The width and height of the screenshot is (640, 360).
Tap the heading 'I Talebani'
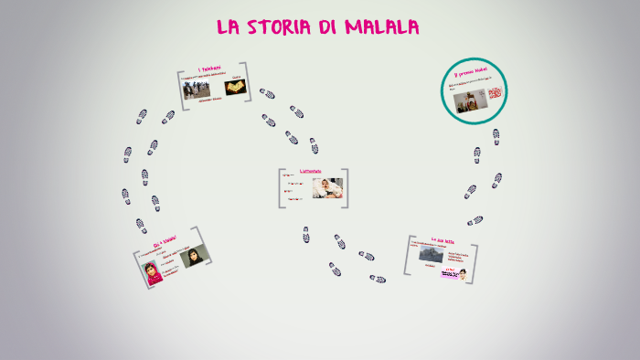pos(213,70)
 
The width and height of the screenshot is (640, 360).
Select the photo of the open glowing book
pos(235,88)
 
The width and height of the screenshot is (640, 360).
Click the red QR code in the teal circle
pos(495,93)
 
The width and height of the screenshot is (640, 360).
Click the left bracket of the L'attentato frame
pos(280,188)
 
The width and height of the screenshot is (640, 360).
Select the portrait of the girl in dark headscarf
pos(194,257)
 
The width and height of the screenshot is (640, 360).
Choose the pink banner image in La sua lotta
pos(450,273)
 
